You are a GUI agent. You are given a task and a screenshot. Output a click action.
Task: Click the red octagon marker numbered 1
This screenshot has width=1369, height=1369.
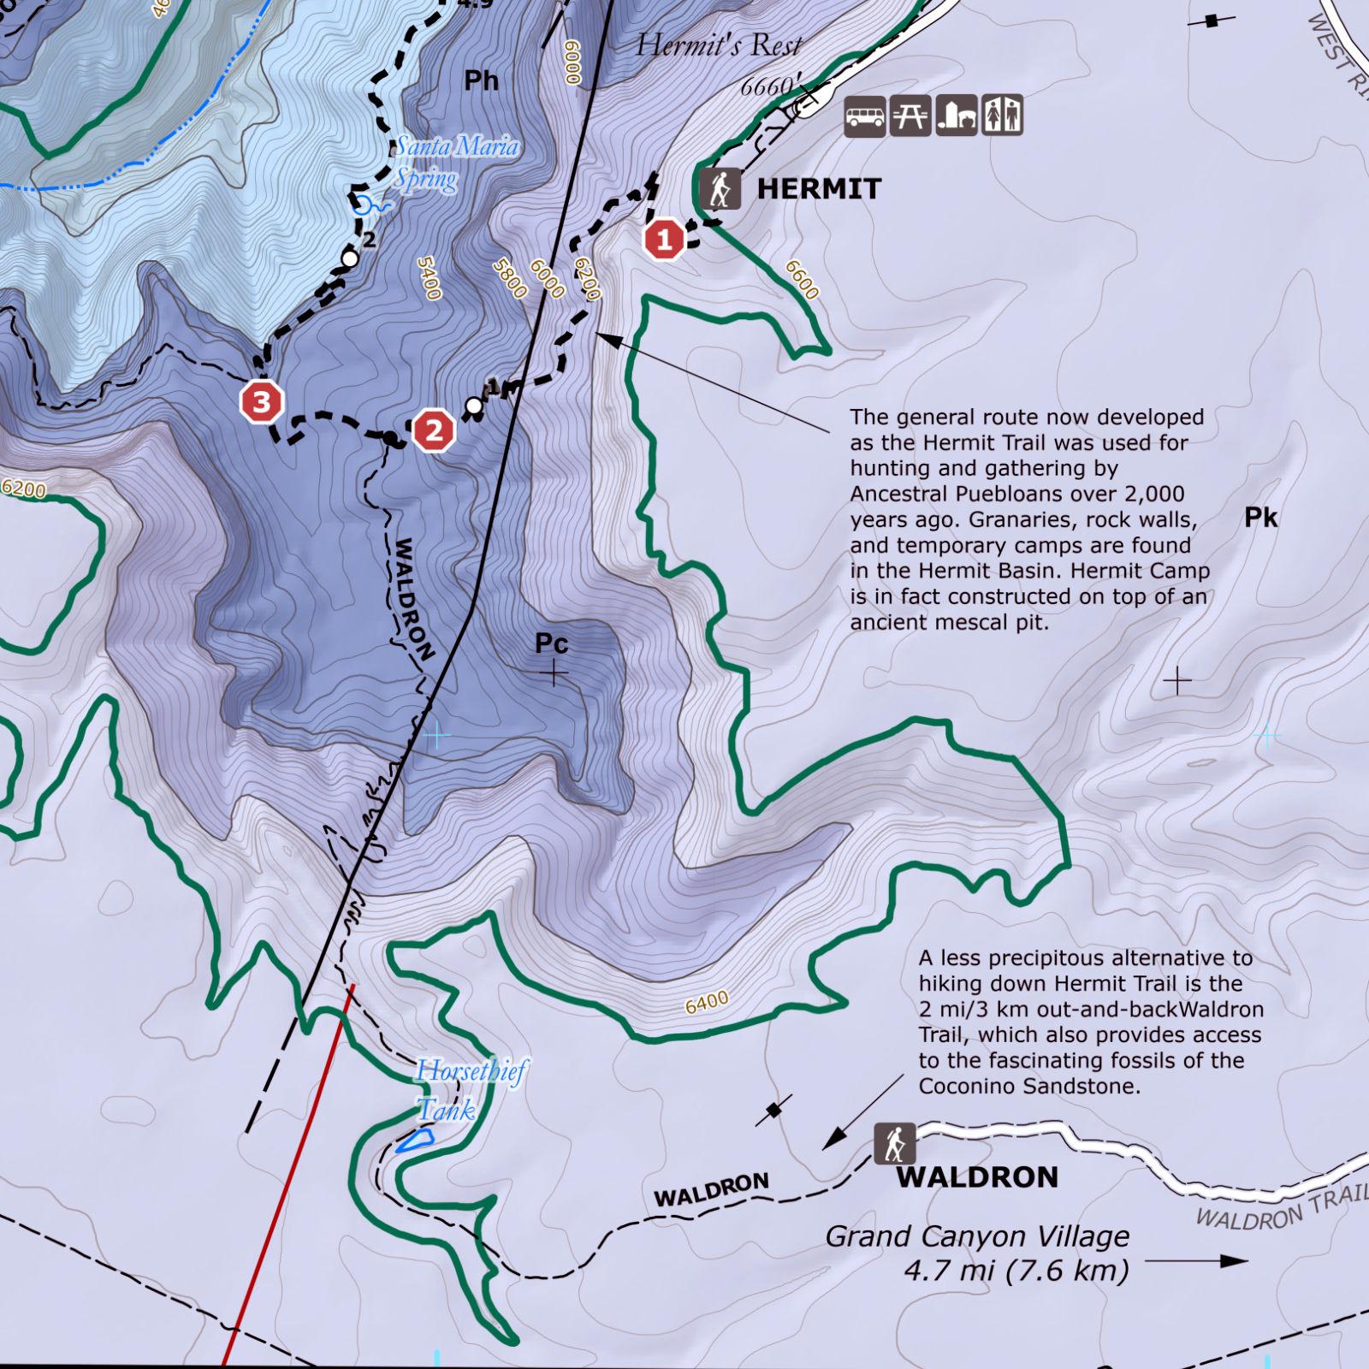click(665, 240)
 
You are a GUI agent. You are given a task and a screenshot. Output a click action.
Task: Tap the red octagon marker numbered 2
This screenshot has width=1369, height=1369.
click(435, 430)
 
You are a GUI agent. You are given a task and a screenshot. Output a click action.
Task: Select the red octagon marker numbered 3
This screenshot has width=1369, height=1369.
click(262, 401)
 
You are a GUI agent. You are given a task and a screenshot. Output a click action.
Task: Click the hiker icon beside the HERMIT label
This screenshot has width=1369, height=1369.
click(720, 188)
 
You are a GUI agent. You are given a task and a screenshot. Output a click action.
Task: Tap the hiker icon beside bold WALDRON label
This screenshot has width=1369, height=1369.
click(895, 1143)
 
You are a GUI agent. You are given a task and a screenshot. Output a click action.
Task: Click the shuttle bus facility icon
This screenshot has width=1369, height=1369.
click(865, 116)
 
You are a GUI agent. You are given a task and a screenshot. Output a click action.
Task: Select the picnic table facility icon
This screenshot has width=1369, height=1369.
click(910, 116)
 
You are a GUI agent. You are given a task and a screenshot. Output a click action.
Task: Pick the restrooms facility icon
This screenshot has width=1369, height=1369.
click(1002, 116)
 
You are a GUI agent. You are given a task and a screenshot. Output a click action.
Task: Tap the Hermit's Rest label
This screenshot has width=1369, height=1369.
click(719, 44)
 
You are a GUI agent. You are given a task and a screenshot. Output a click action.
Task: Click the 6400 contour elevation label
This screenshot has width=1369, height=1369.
click(707, 1002)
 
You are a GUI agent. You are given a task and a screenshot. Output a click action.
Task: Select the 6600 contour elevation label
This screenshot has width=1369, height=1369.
click(803, 280)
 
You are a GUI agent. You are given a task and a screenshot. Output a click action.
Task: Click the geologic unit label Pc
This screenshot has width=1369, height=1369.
click(551, 643)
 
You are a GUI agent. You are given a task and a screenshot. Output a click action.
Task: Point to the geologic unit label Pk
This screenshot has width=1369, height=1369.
click(1260, 518)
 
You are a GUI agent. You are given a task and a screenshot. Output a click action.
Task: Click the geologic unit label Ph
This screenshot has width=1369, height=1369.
click(481, 80)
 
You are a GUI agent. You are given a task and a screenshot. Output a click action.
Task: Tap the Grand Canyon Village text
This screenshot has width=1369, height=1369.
click(977, 1236)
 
